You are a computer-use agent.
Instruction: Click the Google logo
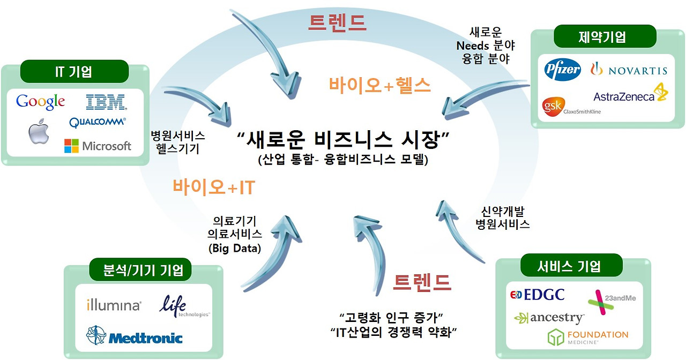click(40, 101)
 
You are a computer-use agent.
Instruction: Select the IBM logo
click(106, 101)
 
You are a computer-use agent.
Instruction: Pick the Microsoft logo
click(98, 146)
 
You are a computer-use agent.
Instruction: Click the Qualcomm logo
click(98, 122)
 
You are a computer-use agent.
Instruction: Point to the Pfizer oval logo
click(562, 70)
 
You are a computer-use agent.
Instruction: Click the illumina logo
click(114, 305)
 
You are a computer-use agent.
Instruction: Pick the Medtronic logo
click(134, 336)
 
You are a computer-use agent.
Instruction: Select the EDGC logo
click(537, 295)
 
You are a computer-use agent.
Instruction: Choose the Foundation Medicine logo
click(587, 337)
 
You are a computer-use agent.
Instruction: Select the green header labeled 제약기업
click(602, 36)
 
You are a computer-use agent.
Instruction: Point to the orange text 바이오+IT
click(213, 187)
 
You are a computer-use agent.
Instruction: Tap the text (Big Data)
click(235, 249)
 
